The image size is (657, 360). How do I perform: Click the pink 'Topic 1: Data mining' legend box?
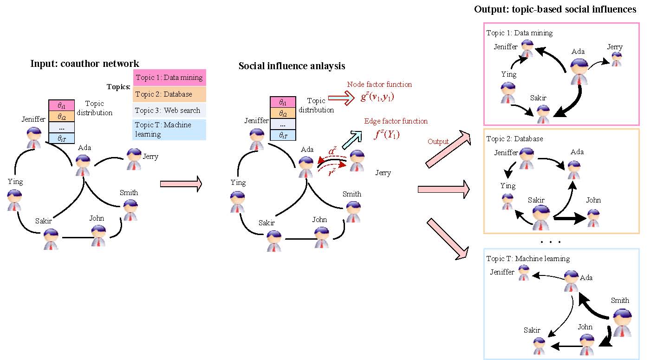pyautogui.click(x=169, y=77)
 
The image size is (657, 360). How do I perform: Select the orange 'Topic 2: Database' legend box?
pyautogui.click(x=169, y=94)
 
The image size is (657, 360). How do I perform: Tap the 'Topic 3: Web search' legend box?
pyautogui.click(x=169, y=111)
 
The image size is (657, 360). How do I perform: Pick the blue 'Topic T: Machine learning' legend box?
pyautogui.click(x=169, y=130)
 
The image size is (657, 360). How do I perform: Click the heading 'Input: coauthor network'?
pyautogui.click(x=85, y=64)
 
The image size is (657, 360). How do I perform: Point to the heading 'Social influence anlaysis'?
pyautogui.click(x=292, y=66)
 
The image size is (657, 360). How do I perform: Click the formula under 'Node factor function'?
pyautogui.click(x=377, y=98)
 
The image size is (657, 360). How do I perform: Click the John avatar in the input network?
pyautogui.click(x=98, y=235)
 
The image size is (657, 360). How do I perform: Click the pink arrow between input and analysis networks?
pyautogui.click(x=181, y=184)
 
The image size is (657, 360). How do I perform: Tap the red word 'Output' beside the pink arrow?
pyautogui.click(x=438, y=142)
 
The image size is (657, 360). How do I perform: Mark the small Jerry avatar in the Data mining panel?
pyautogui.click(x=616, y=59)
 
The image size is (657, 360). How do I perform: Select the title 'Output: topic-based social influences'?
pyautogui.click(x=555, y=10)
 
